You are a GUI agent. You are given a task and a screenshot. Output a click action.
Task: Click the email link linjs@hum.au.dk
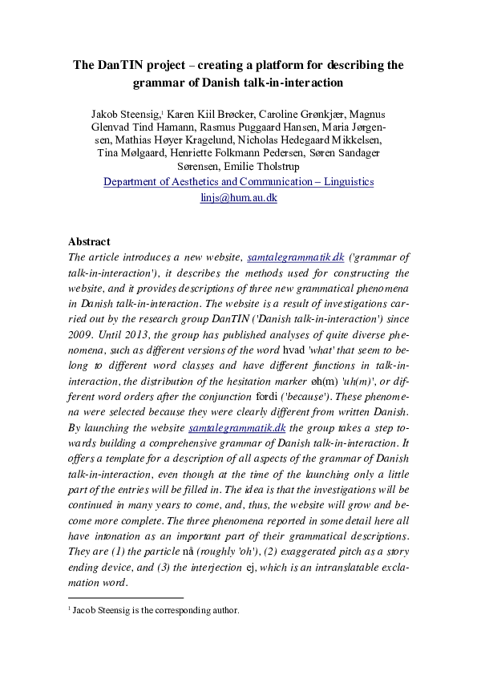point(238,197)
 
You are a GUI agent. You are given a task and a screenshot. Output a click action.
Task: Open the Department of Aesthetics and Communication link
point(238,182)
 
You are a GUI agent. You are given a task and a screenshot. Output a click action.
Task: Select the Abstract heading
point(89,241)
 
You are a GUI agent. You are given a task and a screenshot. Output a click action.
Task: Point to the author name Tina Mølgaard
point(128,152)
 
